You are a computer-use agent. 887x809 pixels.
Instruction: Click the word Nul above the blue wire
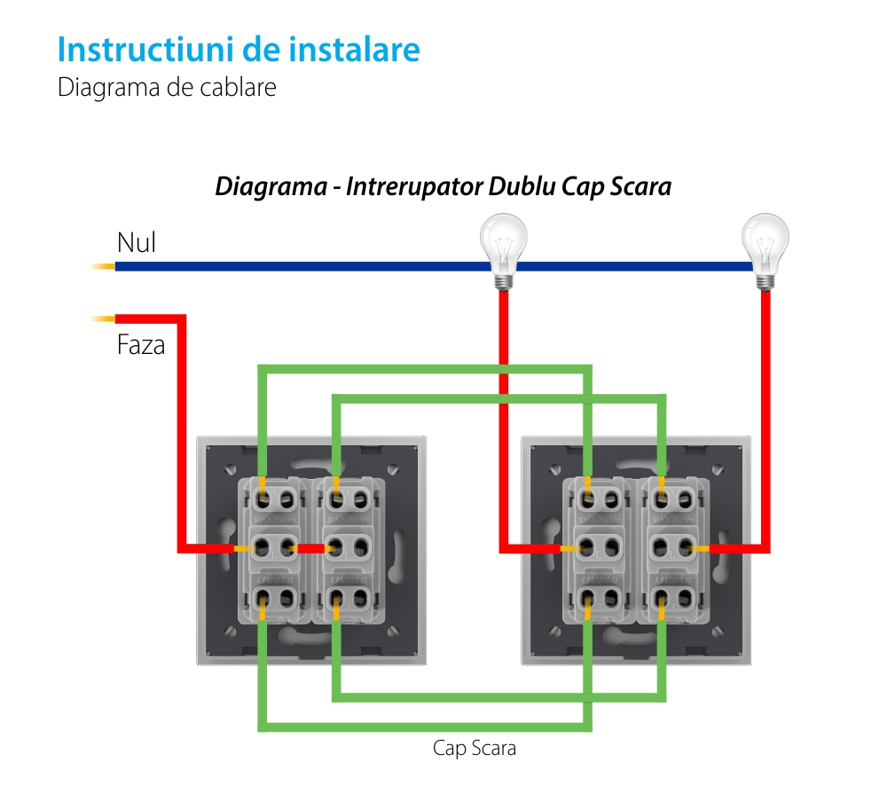coord(137,243)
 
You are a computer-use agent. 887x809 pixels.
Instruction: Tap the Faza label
coord(141,345)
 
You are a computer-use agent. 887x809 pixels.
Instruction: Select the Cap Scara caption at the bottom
coord(475,748)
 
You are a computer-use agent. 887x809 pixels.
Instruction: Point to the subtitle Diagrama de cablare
coord(167,89)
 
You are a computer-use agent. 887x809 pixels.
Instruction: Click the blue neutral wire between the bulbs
coord(630,266)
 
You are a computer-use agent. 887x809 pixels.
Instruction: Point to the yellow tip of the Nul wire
coord(104,266)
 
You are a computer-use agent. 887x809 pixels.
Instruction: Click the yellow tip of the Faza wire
coord(104,318)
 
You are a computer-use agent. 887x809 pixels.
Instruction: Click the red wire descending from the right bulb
coord(765,399)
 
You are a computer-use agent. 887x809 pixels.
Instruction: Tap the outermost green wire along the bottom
coord(426,727)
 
